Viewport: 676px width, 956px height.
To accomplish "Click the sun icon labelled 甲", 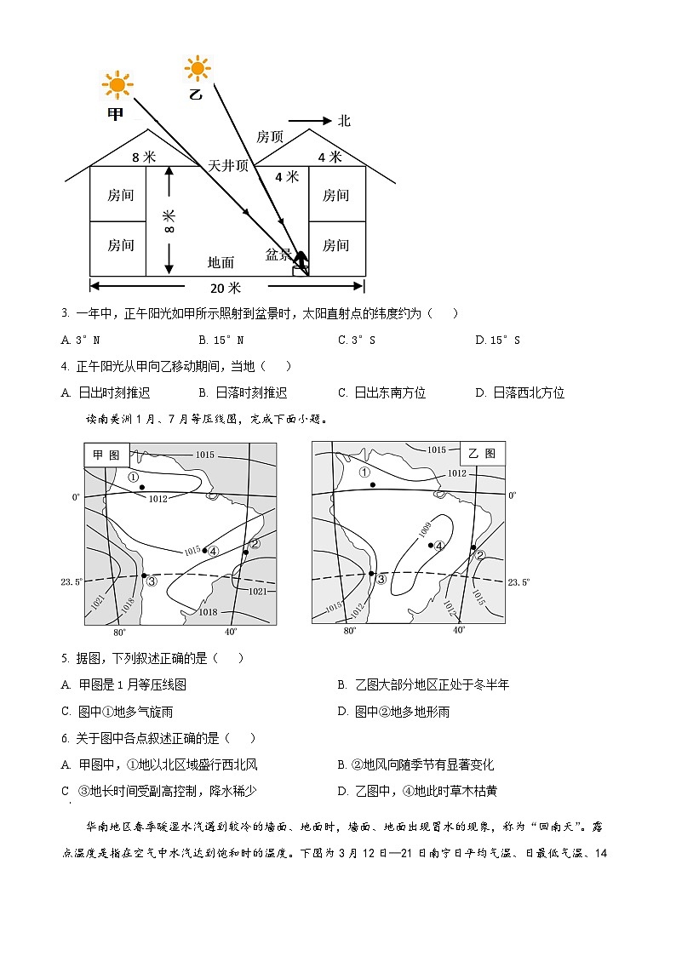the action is pyautogui.click(x=117, y=85).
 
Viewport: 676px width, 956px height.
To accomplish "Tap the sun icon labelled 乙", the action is pyautogui.click(x=198, y=67).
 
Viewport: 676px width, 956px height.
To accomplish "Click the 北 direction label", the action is pyautogui.click(x=343, y=121).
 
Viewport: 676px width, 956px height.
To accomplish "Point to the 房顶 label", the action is pyautogui.click(x=270, y=137).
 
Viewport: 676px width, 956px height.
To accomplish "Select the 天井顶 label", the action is pyautogui.click(x=228, y=166).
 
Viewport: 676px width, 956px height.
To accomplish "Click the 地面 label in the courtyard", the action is pyautogui.click(x=221, y=263).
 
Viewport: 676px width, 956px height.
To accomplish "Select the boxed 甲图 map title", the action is pyautogui.click(x=106, y=455).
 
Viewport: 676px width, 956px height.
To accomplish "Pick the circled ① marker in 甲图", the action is pyautogui.click(x=134, y=477).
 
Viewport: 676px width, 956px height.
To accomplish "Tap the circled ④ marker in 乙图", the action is pyautogui.click(x=440, y=546).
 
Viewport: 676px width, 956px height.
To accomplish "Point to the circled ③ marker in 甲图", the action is pyautogui.click(x=152, y=581).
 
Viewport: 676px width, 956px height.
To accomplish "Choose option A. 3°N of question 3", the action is pyautogui.click(x=81, y=340).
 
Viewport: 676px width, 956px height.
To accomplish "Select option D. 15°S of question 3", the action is pyautogui.click(x=497, y=340).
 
